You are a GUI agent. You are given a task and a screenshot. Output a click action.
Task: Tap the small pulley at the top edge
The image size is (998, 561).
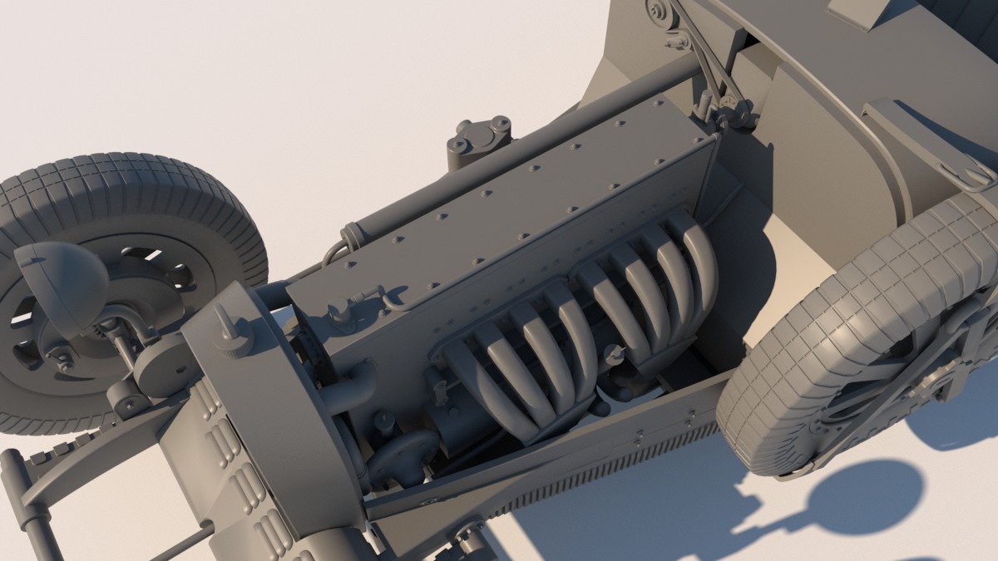(659, 11)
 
